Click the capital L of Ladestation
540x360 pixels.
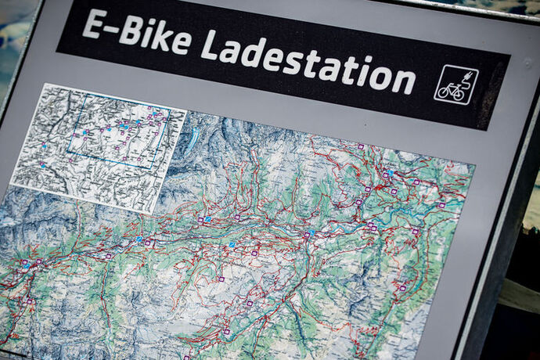210,45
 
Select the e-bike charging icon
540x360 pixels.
455,85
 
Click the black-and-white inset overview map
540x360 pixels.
97,145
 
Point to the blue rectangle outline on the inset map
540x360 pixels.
117,138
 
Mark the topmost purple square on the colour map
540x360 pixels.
361,146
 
